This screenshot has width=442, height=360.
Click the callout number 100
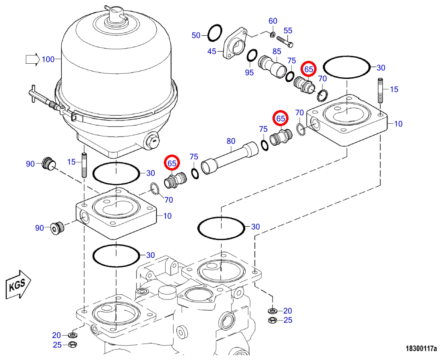pyautogui.click(x=48, y=59)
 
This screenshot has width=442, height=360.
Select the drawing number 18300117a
pyautogui.click(x=421, y=349)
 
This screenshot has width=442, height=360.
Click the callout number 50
pyautogui.click(x=196, y=36)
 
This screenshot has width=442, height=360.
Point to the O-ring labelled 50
pyautogui.click(x=215, y=32)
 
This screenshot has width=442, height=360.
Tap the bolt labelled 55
pyautogui.click(x=285, y=41)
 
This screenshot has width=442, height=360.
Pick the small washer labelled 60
pyautogui.click(x=273, y=35)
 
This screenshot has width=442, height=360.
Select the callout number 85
pyautogui.click(x=277, y=51)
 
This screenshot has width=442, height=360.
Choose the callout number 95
pyautogui.click(x=249, y=72)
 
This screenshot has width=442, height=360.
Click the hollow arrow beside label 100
pyautogui.click(x=32, y=59)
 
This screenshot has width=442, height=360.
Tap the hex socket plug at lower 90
pyautogui.click(x=57, y=228)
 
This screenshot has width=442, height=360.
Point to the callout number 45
pyautogui.click(x=212, y=52)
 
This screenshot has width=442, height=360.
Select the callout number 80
pyautogui.click(x=231, y=141)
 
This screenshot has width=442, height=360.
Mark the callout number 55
pyautogui.click(x=288, y=30)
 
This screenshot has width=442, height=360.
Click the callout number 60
pyautogui.click(x=273, y=21)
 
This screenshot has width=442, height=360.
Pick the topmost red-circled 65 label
pyautogui.click(x=309, y=69)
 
